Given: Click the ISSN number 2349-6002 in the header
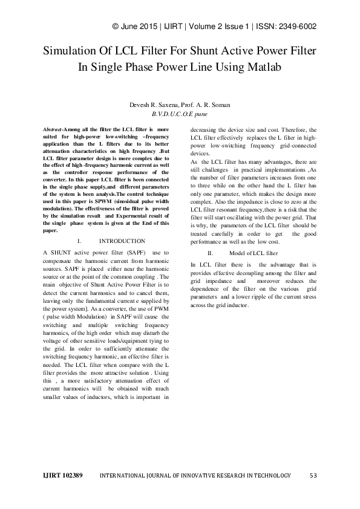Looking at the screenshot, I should (298, 27).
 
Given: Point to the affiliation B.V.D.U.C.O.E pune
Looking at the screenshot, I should (180, 113).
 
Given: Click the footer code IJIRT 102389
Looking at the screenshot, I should (62, 476).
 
